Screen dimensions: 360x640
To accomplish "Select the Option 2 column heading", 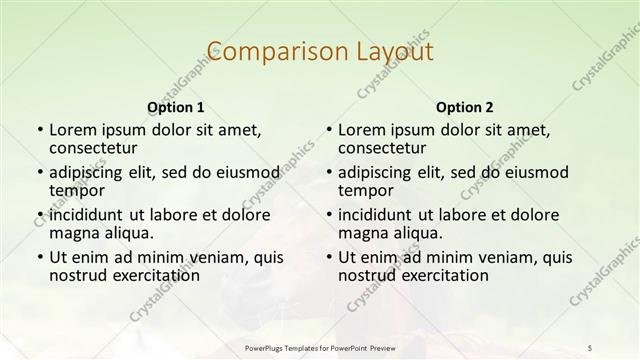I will click(464, 107).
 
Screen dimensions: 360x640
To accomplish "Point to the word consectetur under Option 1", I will click(95, 148).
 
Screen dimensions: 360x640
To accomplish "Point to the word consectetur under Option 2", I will click(384, 148).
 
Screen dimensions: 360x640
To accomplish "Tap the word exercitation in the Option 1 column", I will click(153, 275).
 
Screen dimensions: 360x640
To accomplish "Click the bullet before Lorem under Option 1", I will click(39, 130).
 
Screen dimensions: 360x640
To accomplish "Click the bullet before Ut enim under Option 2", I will click(328, 257).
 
